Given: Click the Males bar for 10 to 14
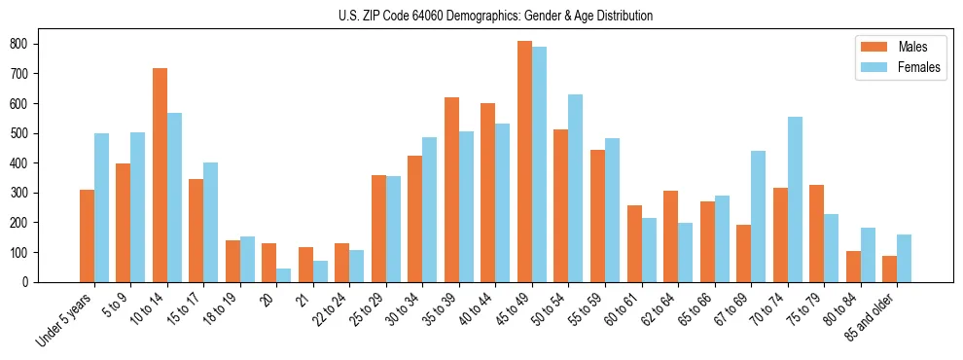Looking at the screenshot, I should (x=160, y=175).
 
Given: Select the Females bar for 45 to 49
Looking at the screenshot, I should (x=539, y=164).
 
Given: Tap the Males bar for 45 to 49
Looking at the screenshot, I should (x=524, y=162).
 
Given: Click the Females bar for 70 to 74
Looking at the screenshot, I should (x=795, y=199).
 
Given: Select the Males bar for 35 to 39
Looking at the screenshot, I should (x=451, y=190).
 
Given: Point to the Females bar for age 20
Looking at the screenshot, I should (x=284, y=275).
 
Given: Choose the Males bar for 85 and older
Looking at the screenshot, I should (x=889, y=269).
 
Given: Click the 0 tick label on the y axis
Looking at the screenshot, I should (x=33, y=282).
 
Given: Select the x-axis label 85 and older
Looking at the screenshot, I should (x=871, y=316).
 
